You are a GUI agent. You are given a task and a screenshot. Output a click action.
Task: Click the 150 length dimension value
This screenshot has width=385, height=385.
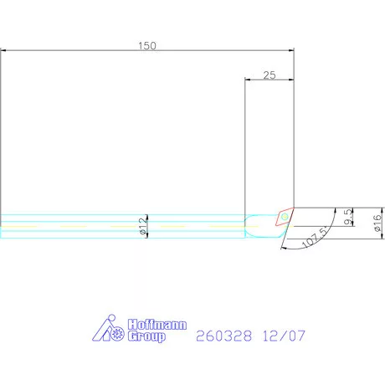pyautogui.click(x=147, y=46)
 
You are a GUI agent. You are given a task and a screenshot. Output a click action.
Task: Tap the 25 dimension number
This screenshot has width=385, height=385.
pyautogui.click(x=269, y=75)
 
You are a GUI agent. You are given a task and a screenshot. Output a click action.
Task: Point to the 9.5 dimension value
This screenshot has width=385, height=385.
pyautogui.click(x=348, y=217)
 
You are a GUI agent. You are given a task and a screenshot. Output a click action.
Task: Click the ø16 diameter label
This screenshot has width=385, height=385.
pyautogui.click(x=377, y=223)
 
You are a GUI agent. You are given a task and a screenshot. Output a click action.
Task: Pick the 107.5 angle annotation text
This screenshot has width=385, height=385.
pyautogui.click(x=316, y=237)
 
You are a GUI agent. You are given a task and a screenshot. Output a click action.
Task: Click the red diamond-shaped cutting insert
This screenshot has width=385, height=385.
pyautogui.click(x=285, y=217)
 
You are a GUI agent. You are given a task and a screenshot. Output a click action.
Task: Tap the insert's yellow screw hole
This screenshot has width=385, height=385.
pyautogui.click(x=285, y=217)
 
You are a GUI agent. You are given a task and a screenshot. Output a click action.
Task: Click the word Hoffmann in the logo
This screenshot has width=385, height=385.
pyautogui.click(x=157, y=325)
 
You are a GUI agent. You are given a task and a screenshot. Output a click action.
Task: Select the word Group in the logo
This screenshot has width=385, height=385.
pyautogui.click(x=146, y=336)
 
